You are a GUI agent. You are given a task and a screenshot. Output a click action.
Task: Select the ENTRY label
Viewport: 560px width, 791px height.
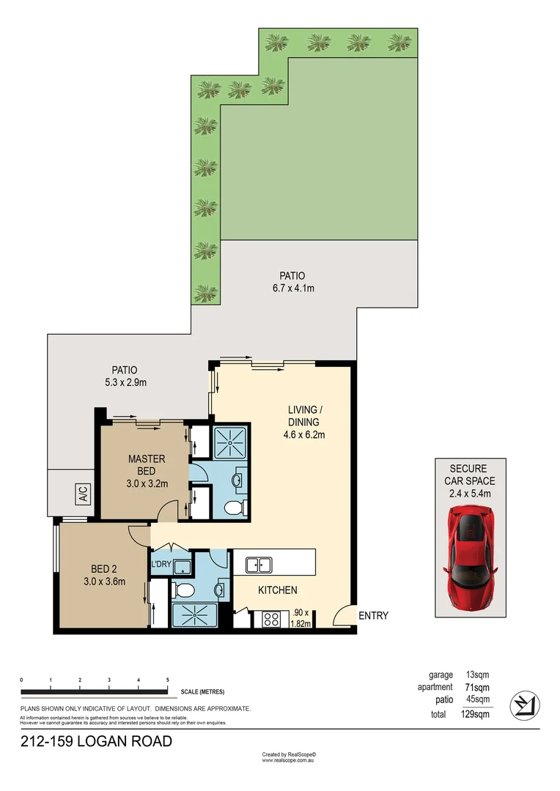(373, 616)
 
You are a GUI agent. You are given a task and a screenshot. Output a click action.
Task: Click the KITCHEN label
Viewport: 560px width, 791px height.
(277, 590)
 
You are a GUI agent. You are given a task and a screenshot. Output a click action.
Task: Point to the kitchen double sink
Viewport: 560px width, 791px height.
(259, 565)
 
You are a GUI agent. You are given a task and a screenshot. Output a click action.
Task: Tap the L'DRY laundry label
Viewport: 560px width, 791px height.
(161, 564)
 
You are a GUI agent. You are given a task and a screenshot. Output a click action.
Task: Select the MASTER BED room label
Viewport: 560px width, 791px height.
(147, 465)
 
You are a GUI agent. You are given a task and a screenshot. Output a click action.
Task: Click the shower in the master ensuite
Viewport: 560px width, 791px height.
(231, 442)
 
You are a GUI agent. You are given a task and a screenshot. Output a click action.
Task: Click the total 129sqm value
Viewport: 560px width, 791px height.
(476, 714)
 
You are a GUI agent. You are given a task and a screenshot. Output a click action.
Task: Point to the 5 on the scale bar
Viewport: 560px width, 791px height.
(168, 680)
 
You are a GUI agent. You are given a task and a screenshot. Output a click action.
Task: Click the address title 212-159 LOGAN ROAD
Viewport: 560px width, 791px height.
(96, 741)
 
